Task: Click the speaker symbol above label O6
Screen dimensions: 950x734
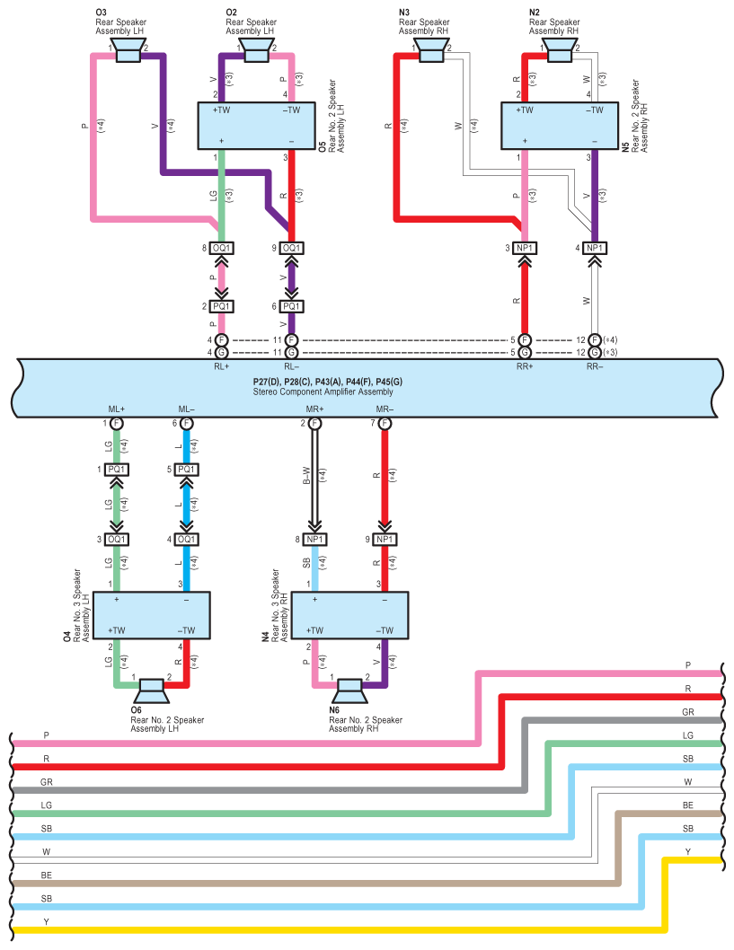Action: pos(151,692)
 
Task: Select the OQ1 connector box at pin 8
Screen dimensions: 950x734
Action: pos(222,248)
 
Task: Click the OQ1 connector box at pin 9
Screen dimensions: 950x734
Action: pos(291,248)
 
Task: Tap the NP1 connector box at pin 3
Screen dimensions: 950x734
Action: pos(526,248)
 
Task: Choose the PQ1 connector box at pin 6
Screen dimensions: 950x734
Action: pos(291,306)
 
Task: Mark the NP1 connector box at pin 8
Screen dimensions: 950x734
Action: pos(314,539)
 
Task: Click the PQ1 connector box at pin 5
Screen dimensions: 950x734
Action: pos(186,470)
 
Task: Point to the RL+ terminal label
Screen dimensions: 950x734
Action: pos(221,365)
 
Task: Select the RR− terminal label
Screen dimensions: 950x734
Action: pos(595,365)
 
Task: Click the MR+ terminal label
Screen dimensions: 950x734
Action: pos(314,409)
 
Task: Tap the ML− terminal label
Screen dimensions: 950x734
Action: pos(186,409)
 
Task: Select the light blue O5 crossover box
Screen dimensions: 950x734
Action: pos(256,127)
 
